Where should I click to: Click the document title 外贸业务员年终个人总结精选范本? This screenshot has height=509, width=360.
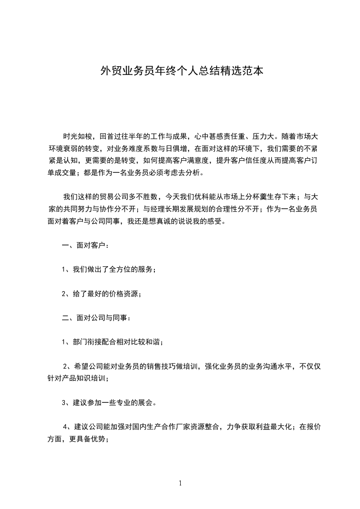click(182, 72)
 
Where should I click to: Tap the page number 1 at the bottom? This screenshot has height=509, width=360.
click(180, 483)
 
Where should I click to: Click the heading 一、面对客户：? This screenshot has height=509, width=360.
click(85, 246)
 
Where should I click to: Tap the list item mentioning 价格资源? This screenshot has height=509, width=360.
click(102, 294)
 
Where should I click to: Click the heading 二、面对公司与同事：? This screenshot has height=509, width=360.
click(97, 318)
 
